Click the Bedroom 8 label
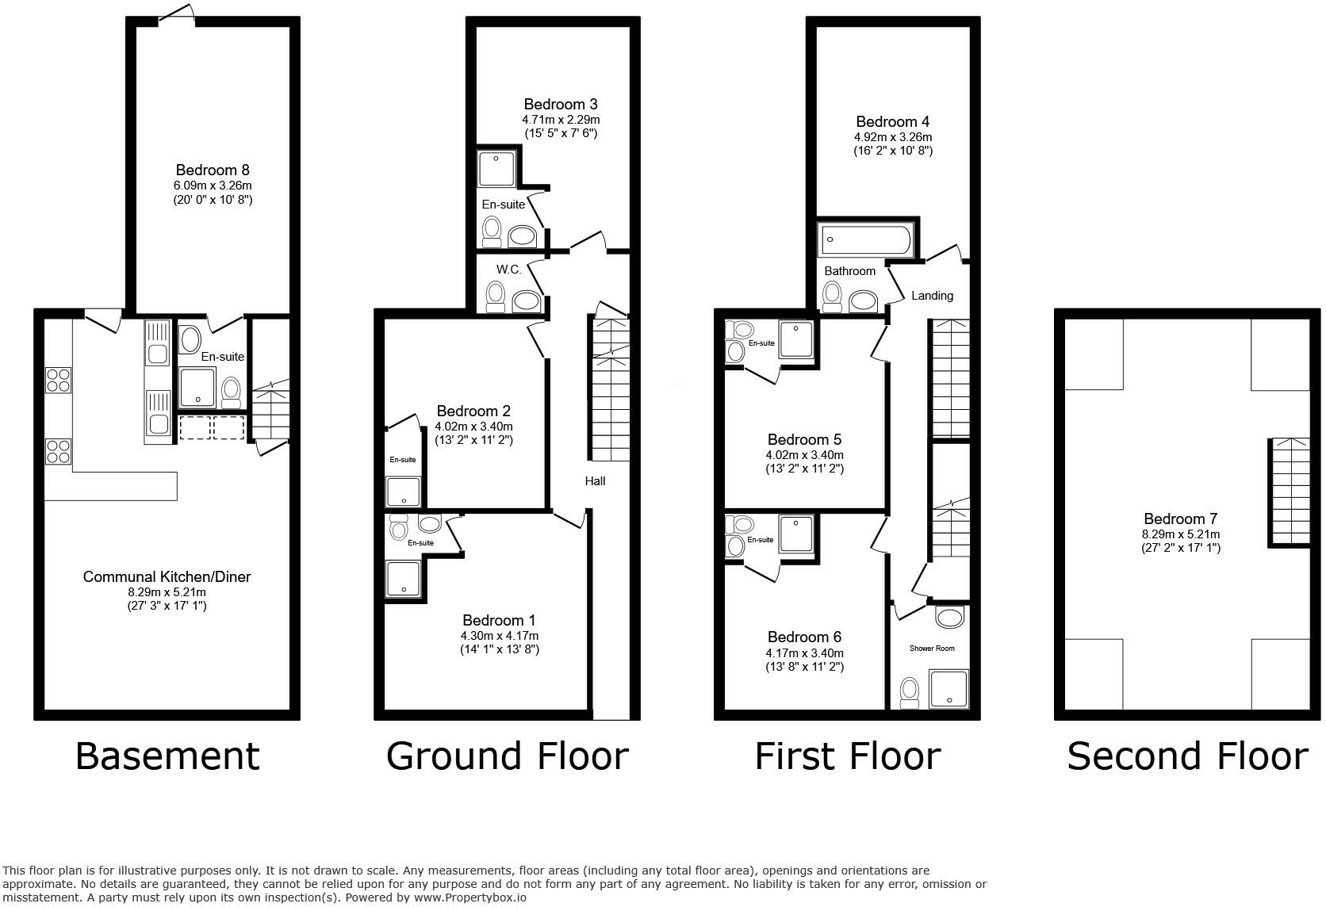(x=213, y=170)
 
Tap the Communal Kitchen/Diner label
(x=167, y=576)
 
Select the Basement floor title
(x=167, y=756)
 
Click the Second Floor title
(x=1187, y=756)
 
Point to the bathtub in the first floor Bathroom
(x=866, y=237)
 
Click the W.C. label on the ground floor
(x=509, y=270)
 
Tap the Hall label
(x=595, y=480)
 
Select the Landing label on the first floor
(x=932, y=295)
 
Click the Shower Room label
(x=932, y=648)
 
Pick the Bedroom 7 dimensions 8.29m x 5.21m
(x=1181, y=534)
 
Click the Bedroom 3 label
(x=561, y=104)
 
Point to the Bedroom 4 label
(x=893, y=121)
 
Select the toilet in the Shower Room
(x=910, y=693)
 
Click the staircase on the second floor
(x=1290, y=492)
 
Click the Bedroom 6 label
(x=804, y=637)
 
